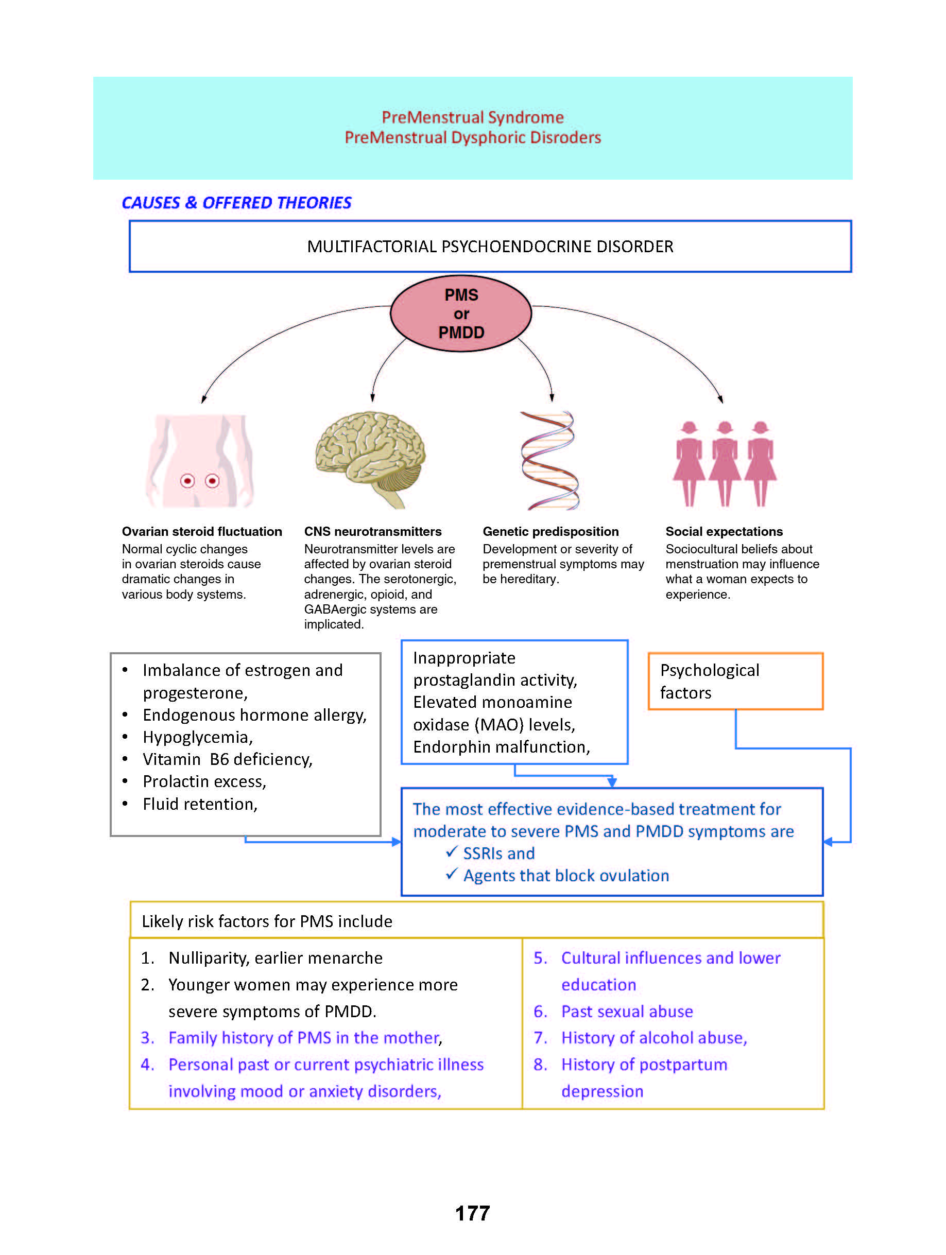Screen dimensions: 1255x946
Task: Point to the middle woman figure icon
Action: (725, 463)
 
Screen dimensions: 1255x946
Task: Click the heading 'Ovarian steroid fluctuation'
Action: (201, 532)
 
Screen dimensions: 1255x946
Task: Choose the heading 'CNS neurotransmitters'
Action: (372, 532)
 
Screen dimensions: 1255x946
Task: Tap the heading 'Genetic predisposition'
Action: (551, 532)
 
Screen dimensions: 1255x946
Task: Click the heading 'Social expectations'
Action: (724, 532)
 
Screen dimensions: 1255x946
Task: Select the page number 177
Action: (472, 1213)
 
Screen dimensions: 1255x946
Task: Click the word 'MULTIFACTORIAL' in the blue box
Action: (372, 247)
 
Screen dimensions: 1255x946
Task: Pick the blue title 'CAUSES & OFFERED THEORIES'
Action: (237, 203)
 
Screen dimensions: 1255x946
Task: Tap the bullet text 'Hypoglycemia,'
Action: (197, 737)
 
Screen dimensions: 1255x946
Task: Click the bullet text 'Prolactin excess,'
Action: (204, 782)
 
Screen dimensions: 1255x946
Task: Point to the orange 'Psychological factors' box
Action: (735, 681)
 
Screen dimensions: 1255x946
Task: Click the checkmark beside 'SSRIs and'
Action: (452, 851)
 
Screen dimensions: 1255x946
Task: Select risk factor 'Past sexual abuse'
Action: (627, 1012)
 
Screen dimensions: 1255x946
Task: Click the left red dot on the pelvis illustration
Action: (187, 481)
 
